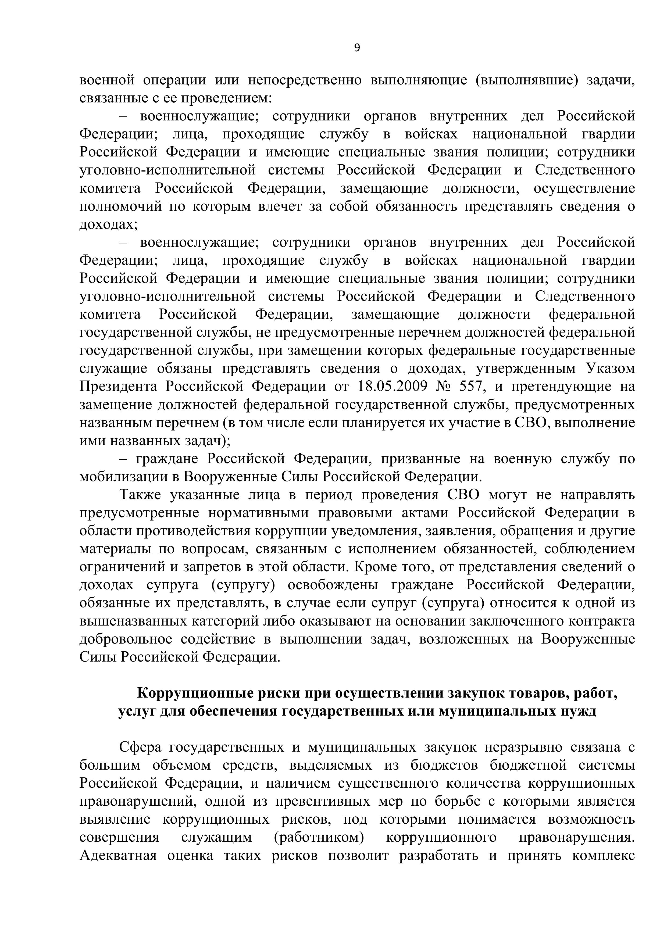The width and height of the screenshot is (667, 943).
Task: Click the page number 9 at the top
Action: point(356,48)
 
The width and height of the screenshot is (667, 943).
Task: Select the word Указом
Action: point(608,369)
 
